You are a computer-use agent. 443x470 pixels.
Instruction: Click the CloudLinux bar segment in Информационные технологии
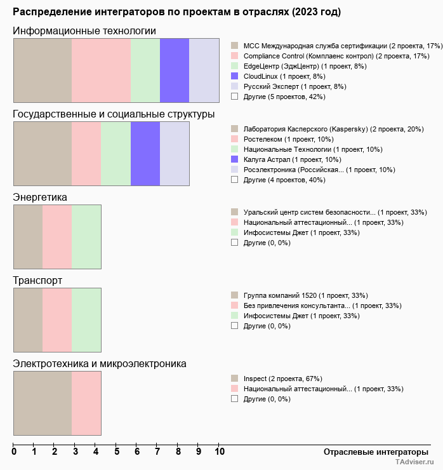tap(175, 70)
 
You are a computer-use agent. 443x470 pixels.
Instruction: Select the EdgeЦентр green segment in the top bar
tap(145, 70)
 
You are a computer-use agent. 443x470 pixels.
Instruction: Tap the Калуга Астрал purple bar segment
tap(145, 154)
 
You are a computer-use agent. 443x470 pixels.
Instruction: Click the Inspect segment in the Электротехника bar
tap(43, 403)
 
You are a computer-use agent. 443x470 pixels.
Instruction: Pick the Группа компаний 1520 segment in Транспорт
tap(28, 320)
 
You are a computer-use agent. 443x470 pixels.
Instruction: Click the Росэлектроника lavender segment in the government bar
tap(175, 154)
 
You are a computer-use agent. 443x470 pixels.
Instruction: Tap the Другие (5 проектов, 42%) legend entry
tap(284, 97)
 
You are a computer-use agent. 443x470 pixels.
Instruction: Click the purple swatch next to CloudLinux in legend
tap(235, 76)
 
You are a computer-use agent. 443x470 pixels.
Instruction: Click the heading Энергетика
tap(40, 198)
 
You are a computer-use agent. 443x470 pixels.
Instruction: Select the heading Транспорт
tap(37, 281)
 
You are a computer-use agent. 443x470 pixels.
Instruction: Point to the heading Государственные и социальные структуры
tap(114, 114)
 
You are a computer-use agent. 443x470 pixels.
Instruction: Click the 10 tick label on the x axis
tap(219, 452)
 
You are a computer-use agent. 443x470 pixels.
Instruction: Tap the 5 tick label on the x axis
tap(117, 452)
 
